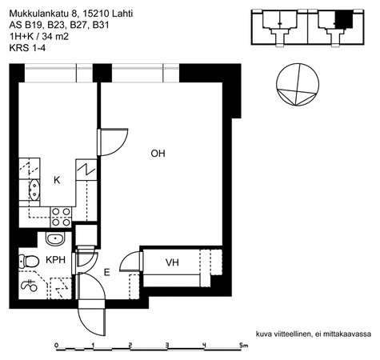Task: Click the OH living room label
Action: coord(158,154)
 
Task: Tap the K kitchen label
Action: coord(57,180)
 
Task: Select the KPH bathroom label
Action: coord(55,260)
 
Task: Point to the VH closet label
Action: coord(172,262)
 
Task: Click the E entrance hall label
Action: coord(106,273)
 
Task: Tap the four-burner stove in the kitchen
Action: coord(61,218)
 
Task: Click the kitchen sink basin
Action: coord(34,190)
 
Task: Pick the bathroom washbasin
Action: coord(55,238)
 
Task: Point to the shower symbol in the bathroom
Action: coord(29,286)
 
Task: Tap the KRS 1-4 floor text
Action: coord(27,48)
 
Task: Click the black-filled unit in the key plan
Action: coord(344,19)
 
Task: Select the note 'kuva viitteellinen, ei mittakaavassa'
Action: coord(314,334)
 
